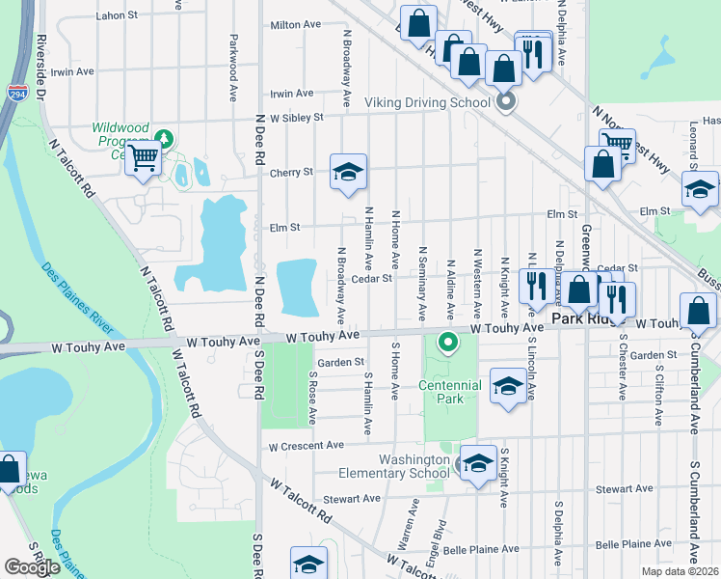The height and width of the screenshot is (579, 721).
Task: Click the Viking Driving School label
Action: (428, 101)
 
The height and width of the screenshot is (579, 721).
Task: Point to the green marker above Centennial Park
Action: (447, 342)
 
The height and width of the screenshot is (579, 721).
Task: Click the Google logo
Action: (32, 567)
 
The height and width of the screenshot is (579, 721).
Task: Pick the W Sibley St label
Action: (296, 118)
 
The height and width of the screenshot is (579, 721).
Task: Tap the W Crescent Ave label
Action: (307, 446)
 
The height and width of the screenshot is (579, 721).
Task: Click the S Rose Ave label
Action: (312, 397)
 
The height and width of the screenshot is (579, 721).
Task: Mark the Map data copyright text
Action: (679, 571)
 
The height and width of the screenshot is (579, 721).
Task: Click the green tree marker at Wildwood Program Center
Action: (164, 139)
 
